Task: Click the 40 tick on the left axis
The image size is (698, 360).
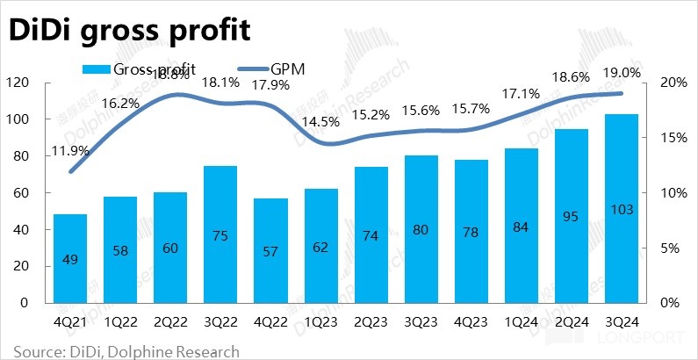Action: (21, 229)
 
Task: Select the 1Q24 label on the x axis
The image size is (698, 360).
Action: (522, 321)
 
